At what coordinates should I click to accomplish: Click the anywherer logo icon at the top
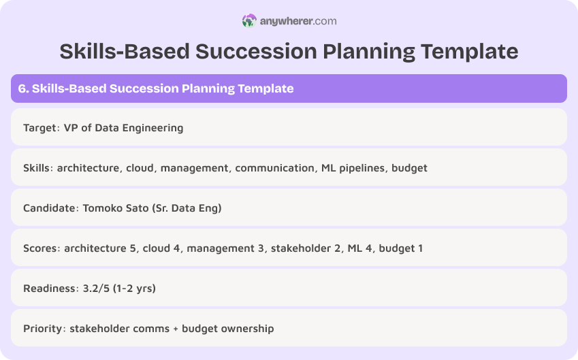pyautogui.click(x=249, y=21)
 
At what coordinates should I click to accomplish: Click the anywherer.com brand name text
pyautogui.click(x=298, y=21)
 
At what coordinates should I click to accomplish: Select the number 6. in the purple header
pyautogui.click(x=23, y=88)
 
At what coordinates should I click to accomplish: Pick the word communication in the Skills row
pyautogui.click(x=274, y=167)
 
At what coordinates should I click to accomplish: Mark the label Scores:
pyautogui.click(x=42, y=248)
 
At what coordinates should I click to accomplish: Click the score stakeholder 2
pyautogui.click(x=305, y=248)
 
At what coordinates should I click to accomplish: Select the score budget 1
pyautogui.click(x=401, y=248)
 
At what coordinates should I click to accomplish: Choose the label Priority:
pyautogui.click(x=43, y=328)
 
